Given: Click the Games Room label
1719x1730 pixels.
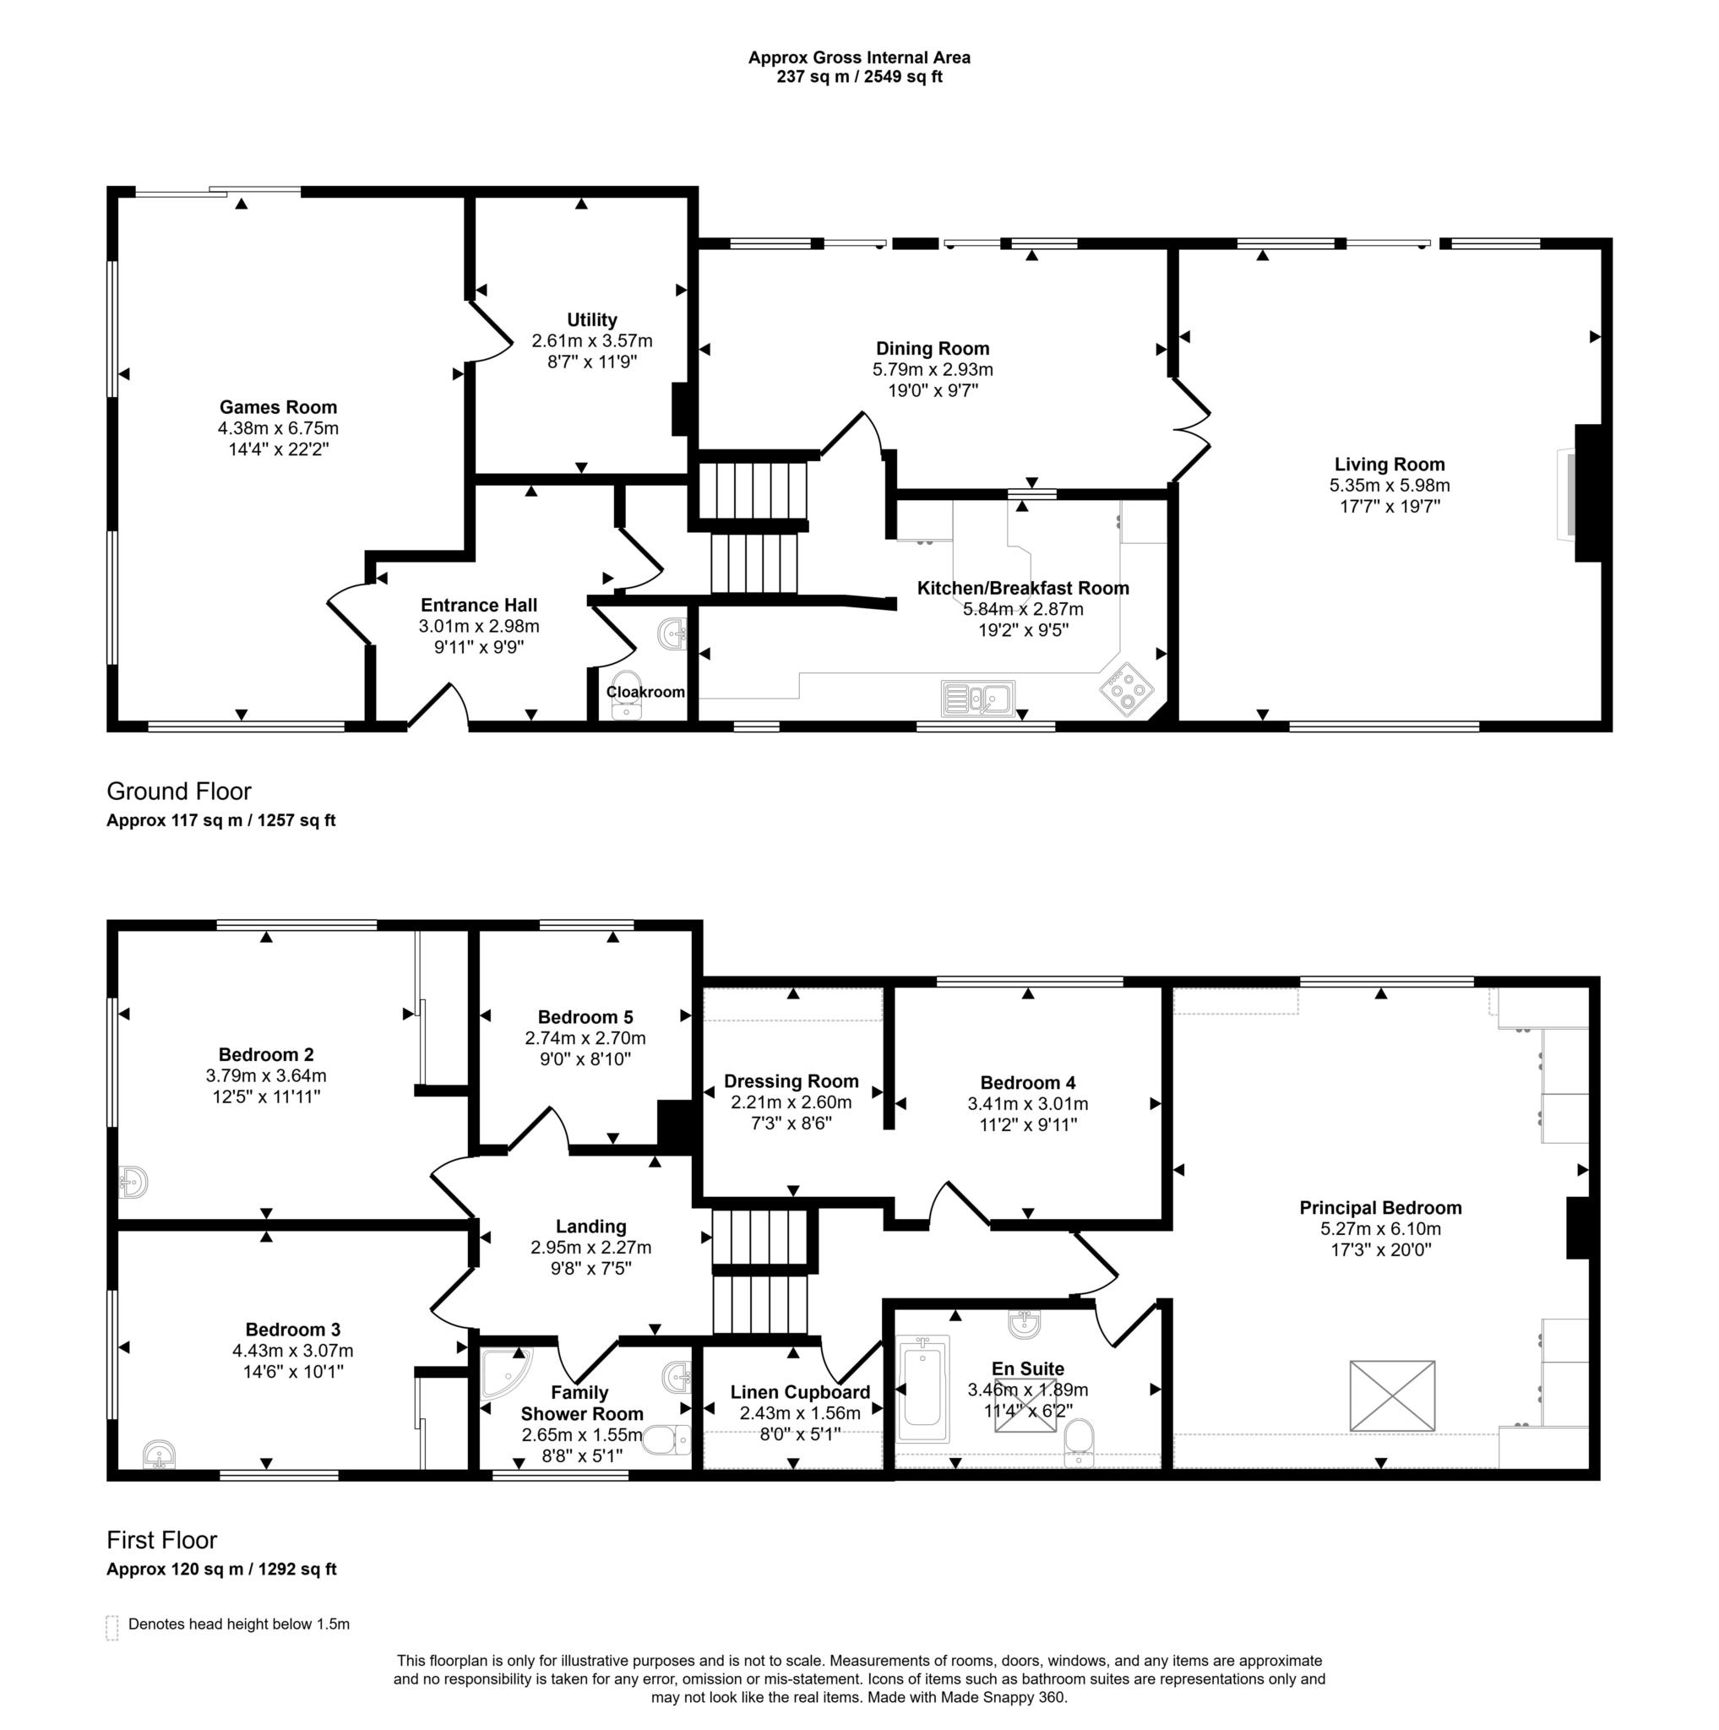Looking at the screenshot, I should [x=278, y=407].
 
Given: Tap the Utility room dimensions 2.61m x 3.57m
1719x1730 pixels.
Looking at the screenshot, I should [x=591, y=341].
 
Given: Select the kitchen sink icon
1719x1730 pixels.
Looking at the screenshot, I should [x=976, y=698].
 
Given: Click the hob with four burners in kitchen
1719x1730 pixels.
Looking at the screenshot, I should [x=1125, y=689].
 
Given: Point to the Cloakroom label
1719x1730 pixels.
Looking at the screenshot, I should [x=645, y=692].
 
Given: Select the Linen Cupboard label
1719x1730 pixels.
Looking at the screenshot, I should [x=799, y=1392].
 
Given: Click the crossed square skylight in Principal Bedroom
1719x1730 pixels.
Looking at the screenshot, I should [x=1391, y=1396].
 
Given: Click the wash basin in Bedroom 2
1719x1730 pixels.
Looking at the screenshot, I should [x=133, y=1182].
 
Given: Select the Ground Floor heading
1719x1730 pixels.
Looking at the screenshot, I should [x=179, y=792].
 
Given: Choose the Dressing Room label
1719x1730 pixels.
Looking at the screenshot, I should [x=791, y=1082].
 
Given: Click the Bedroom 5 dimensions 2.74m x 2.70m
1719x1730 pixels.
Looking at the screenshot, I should [x=585, y=1039].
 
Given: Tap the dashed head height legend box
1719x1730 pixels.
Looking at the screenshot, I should [x=112, y=1628].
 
